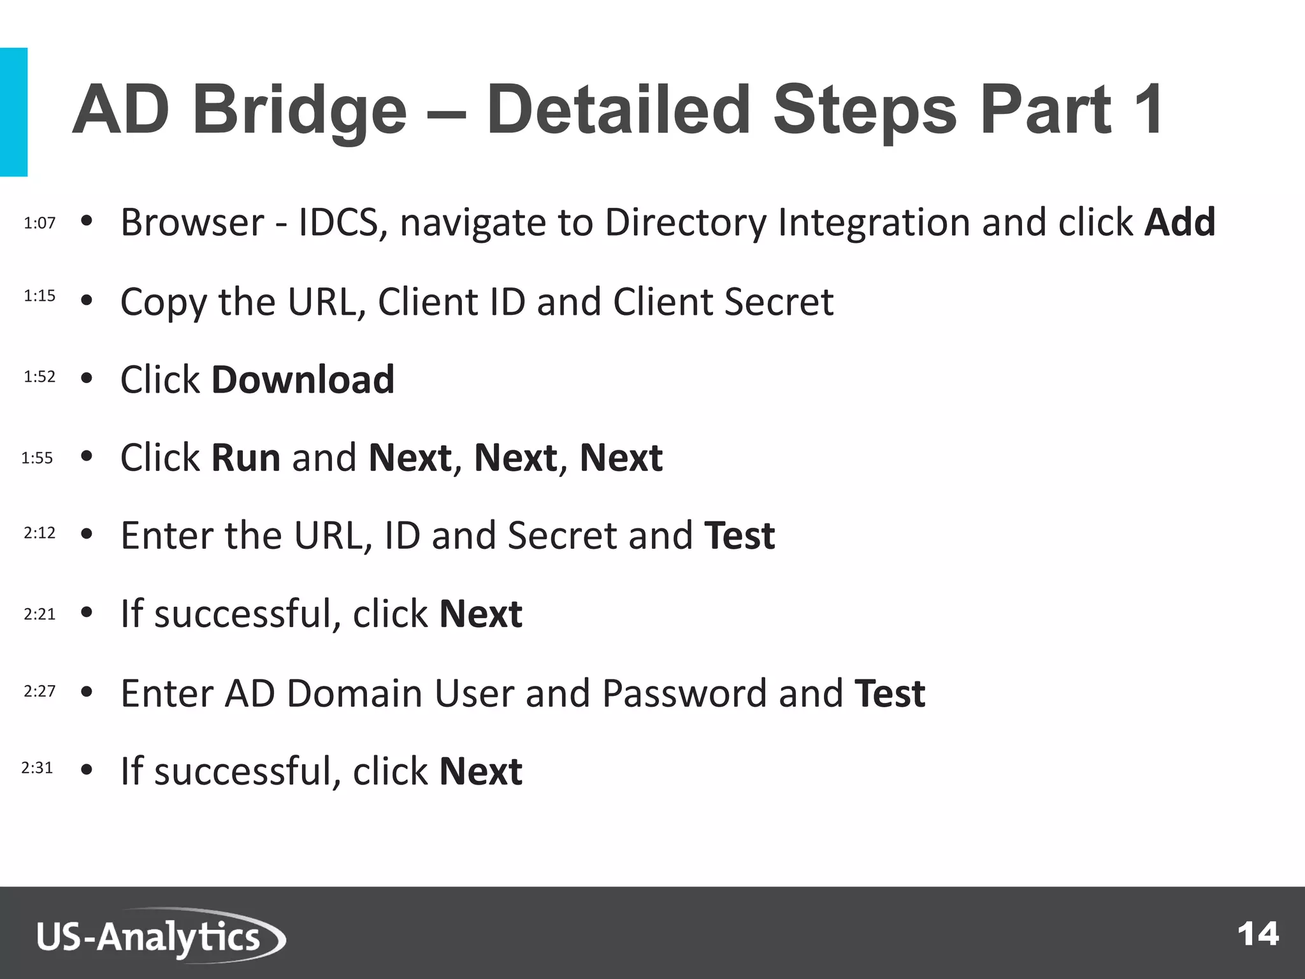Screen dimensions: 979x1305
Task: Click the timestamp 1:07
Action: click(x=40, y=223)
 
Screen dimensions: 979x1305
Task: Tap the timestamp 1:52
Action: click(x=40, y=377)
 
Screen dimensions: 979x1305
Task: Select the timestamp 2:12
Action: click(x=40, y=533)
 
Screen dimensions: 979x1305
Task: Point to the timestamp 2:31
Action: click(x=37, y=768)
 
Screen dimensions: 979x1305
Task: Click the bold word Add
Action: click(x=1179, y=222)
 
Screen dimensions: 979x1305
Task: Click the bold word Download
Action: click(x=303, y=380)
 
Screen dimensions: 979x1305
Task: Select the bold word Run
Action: click(x=245, y=458)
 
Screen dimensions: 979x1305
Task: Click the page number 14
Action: click(x=1258, y=934)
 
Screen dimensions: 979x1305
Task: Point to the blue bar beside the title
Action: click(x=13, y=112)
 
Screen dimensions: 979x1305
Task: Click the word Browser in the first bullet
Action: click(x=192, y=222)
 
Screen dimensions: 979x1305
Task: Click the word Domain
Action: click(x=354, y=693)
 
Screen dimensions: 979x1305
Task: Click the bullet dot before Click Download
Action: click(x=87, y=379)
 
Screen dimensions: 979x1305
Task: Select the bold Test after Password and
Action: click(x=890, y=693)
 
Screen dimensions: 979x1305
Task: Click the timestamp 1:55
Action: click(x=37, y=458)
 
